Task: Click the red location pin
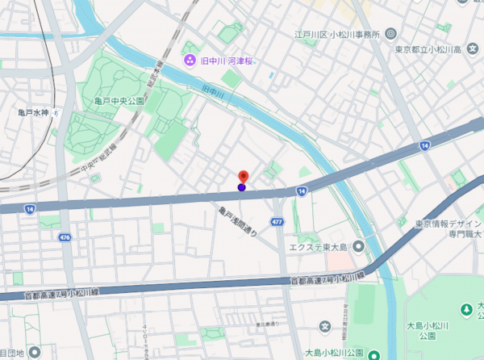click(x=242, y=176)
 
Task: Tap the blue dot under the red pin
click(x=242, y=187)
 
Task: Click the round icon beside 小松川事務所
click(x=391, y=34)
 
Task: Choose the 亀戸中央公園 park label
click(x=119, y=101)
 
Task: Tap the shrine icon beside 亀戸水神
click(x=55, y=112)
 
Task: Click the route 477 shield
click(x=277, y=221)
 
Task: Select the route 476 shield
click(x=65, y=237)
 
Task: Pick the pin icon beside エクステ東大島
click(x=358, y=246)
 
